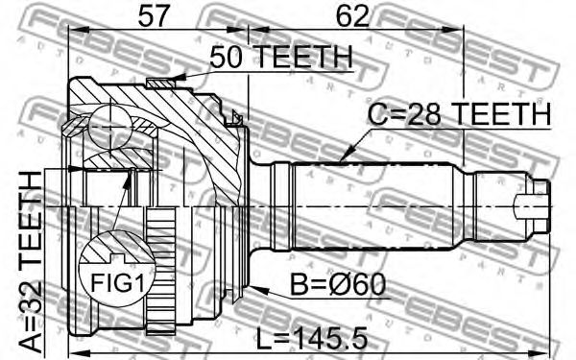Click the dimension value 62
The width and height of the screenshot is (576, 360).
click(x=352, y=15)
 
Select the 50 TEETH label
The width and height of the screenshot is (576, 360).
click(x=281, y=57)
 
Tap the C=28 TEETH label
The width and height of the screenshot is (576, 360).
click(x=459, y=113)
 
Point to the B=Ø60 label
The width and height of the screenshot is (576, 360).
click(x=338, y=285)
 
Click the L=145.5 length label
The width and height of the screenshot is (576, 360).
click(x=311, y=339)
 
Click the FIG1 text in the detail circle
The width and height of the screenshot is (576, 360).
click(x=117, y=282)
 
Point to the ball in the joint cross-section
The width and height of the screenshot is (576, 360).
click(x=110, y=127)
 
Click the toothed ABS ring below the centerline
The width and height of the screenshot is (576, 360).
click(x=160, y=271)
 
